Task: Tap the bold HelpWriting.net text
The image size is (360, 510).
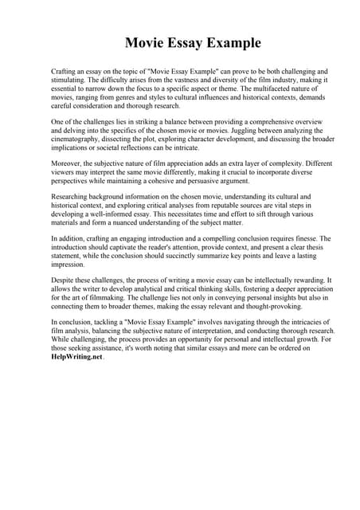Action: click(76, 358)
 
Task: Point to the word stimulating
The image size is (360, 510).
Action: click(70, 80)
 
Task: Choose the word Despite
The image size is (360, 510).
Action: click(65, 280)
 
